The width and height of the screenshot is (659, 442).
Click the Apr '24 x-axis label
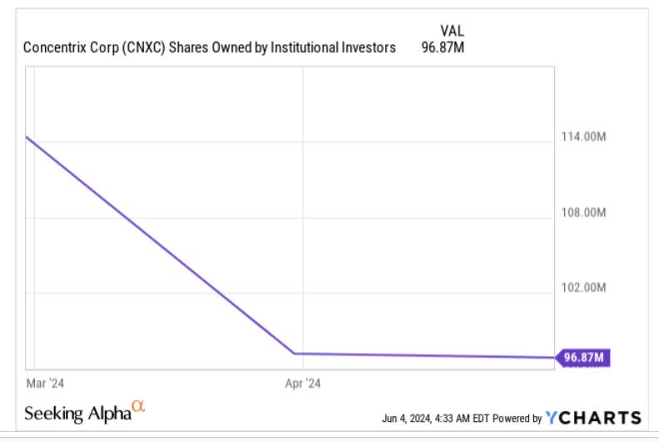click(x=303, y=383)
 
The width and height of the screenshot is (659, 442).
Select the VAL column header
click(x=452, y=31)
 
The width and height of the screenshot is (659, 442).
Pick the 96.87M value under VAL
click(x=443, y=47)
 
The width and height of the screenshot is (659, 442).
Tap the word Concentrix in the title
click(x=57, y=47)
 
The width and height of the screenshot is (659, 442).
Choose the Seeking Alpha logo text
click(x=77, y=413)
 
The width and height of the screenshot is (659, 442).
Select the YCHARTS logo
click(x=594, y=418)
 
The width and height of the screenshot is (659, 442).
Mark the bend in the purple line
click(x=296, y=354)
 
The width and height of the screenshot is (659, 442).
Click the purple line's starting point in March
click(x=27, y=137)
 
